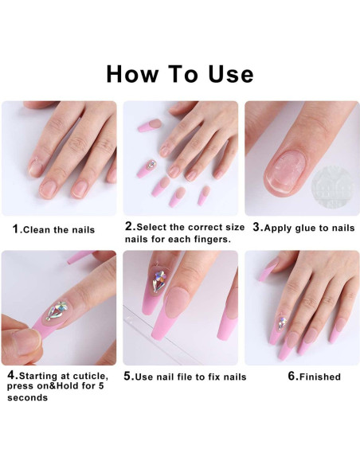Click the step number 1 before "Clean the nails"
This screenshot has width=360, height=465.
(15, 229)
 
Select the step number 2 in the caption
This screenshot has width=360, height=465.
(128, 227)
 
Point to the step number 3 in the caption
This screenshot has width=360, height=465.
(256, 227)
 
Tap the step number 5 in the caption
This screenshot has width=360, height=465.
(127, 377)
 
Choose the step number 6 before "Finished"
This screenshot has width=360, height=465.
(292, 377)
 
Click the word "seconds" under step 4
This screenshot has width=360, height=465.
(27, 398)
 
